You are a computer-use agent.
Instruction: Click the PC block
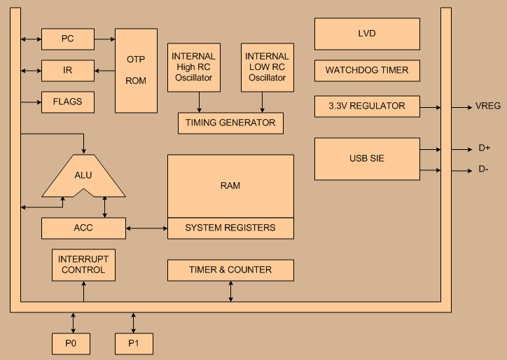(x=68, y=39)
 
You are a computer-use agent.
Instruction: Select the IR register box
(x=68, y=71)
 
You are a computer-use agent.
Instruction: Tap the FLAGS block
(x=68, y=102)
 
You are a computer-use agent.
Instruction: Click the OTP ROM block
(x=136, y=71)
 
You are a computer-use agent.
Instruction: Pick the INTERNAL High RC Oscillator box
(x=194, y=67)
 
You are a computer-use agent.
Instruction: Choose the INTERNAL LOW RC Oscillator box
(x=267, y=67)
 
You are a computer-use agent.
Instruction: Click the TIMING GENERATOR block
(x=230, y=123)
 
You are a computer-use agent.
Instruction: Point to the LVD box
(x=367, y=34)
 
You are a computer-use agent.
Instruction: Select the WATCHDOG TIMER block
(x=367, y=71)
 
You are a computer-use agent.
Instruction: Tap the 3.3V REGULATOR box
(x=367, y=106)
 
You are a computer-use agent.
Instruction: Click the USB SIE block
(x=367, y=159)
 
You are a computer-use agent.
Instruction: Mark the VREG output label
(x=488, y=106)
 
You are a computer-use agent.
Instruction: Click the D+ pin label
(x=484, y=148)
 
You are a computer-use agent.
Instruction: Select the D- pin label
(x=484, y=169)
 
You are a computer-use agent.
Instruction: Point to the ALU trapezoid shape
(x=84, y=176)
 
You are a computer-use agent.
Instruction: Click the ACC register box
(x=83, y=228)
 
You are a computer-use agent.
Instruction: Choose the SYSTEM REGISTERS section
(x=230, y=228)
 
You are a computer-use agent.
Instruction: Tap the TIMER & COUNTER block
(x=230, y=270)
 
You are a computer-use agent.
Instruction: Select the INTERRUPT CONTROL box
(x=83, y=265)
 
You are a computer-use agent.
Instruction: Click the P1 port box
(x=134, y=344)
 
